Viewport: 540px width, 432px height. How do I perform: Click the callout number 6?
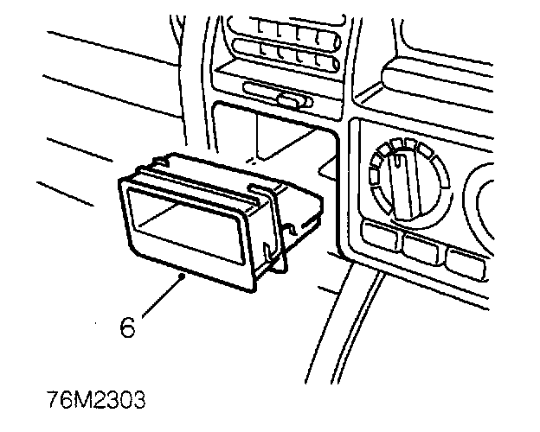(127, 329)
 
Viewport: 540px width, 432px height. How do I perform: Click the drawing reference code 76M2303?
(97, 402)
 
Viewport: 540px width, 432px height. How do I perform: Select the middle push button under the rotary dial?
(421, 247)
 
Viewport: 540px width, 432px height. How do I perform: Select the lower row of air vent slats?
(285, 60)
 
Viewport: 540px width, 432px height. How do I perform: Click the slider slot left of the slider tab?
(260, 88)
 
